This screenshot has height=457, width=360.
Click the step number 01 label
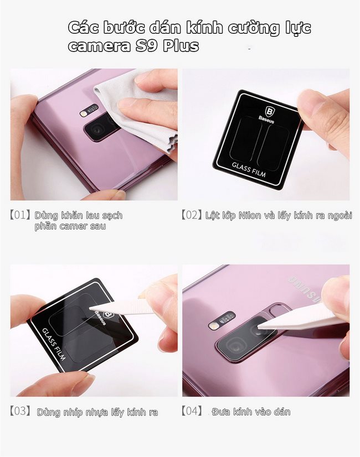[20, 215]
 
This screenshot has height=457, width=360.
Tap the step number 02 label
[192, 215]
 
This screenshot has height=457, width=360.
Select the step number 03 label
[20, 411]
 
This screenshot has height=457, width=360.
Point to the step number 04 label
[192, 411]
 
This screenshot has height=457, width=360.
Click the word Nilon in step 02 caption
[250, 216]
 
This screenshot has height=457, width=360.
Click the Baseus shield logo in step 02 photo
[269, 111]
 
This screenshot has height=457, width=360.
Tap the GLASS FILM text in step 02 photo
[249, 169]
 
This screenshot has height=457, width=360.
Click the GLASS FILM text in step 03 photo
[54, 344]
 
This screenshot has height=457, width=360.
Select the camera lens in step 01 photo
[96, 128]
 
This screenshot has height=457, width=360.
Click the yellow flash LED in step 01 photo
[84, 113]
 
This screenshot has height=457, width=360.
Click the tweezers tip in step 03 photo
[90, 308]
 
